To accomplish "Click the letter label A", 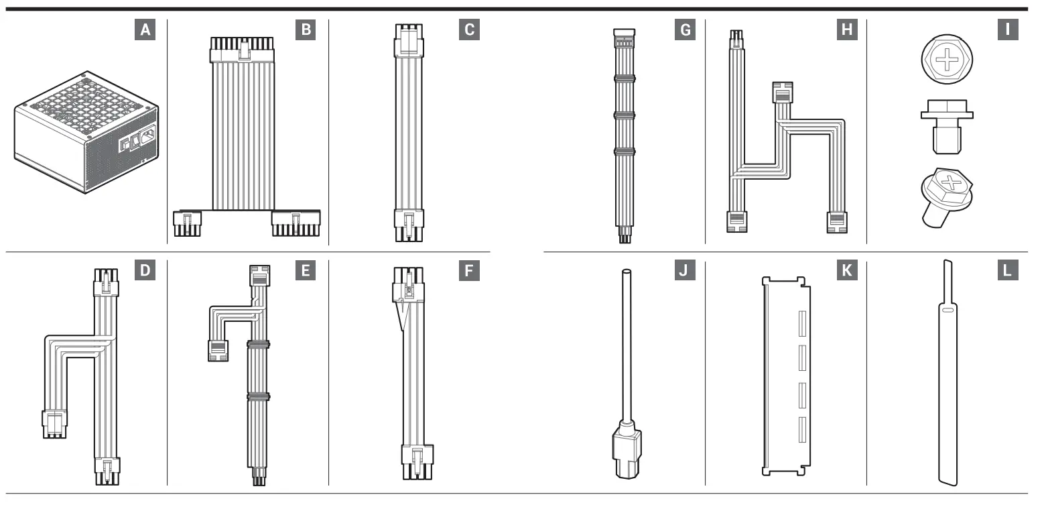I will point(145,30).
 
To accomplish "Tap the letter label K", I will point(846,272).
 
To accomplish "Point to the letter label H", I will point(846,30).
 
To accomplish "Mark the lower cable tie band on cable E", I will point(258,397).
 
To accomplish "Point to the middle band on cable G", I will point(624,115).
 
